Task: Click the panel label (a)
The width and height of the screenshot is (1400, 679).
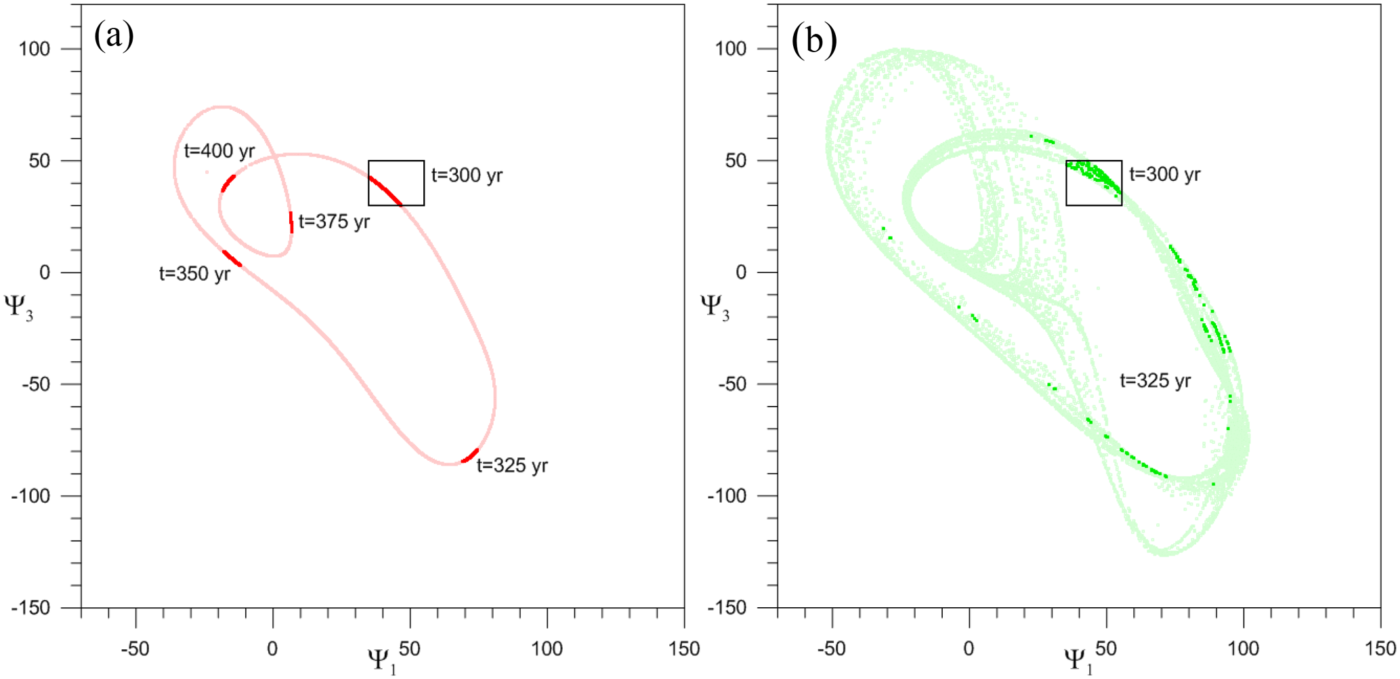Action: pos(114,35)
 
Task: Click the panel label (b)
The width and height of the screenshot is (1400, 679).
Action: pos(814,41)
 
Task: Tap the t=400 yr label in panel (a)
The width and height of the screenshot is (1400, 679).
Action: pos(219,150)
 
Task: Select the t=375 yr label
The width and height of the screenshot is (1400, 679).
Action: pos(334,222)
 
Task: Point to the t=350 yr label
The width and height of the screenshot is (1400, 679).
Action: pos(194,274)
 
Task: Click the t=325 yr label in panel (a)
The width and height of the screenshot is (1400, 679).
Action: pos(512,466)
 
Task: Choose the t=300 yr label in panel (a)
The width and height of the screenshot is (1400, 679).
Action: pos(467,176)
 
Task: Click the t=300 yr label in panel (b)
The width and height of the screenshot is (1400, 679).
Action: pos(1164,175)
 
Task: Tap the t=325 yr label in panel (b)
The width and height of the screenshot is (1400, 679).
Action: pos(1155,381)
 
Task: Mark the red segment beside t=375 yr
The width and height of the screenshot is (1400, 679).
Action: pos(291,222)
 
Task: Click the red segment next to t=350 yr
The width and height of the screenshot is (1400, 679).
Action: pos(232,258)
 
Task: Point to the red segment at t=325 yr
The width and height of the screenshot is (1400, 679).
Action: pos(470,455)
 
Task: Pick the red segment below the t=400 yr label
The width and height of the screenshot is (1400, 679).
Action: pos(228,183)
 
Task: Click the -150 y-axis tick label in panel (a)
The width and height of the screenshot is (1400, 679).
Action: pos(30,608)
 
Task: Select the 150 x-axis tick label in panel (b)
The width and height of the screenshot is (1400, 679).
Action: pos(1380,649)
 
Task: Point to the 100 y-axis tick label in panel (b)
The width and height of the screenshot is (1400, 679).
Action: pos(730,49)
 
